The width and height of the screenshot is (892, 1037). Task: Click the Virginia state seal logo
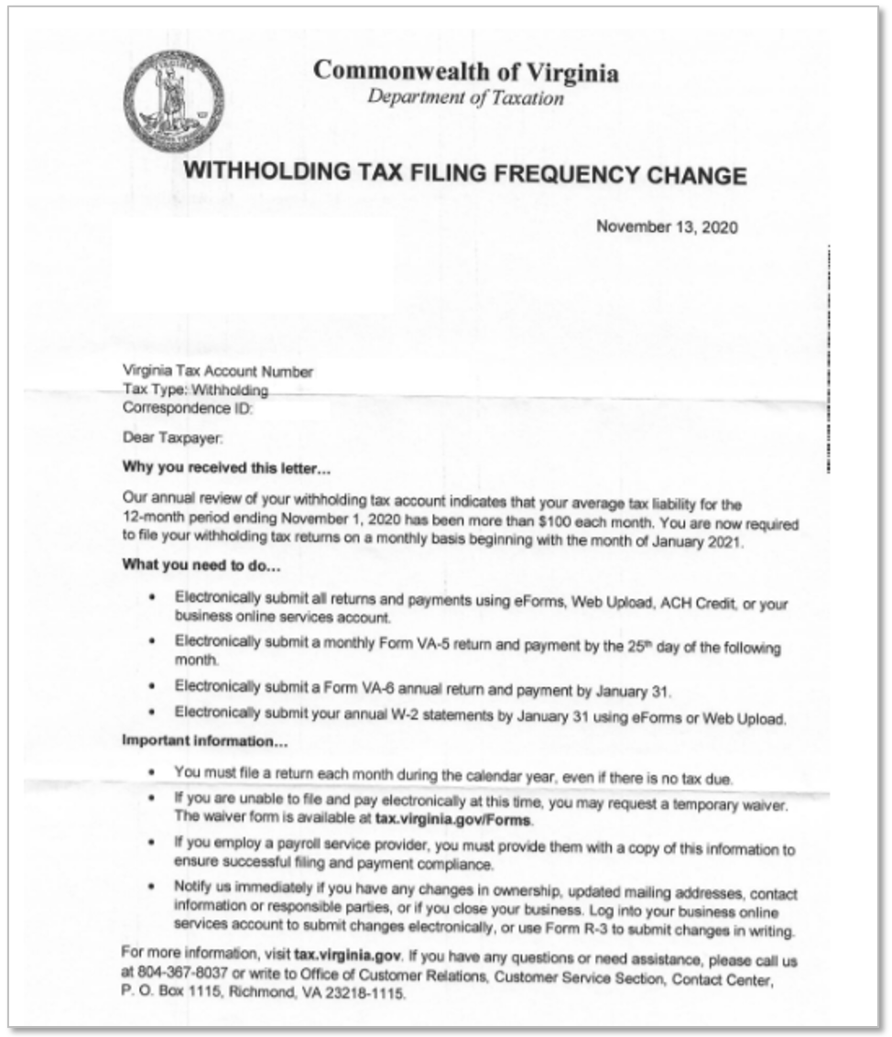click(x=173, y=101)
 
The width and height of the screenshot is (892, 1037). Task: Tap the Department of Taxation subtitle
click(x=465, y=98)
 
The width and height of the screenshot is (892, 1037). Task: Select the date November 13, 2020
click(x=667, y=227)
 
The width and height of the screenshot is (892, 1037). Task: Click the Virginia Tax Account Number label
click(x=218, y=372)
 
